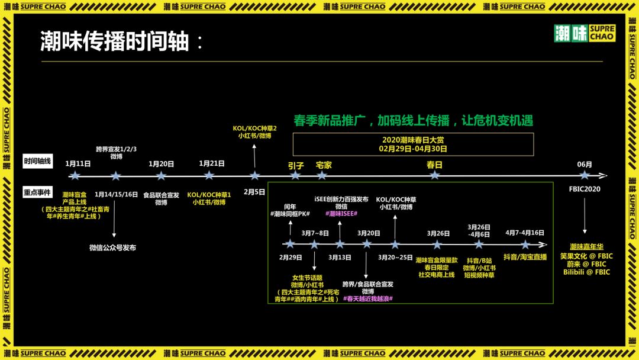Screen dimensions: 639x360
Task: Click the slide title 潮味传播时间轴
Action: [115, 42]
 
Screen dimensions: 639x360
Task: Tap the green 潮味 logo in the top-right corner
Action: [585, 34]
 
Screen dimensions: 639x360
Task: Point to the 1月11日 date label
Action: [78, 163]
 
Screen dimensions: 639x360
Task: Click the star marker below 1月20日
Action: [161, 176]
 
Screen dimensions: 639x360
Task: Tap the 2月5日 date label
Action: [255, 192]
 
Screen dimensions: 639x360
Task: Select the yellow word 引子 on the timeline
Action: [296, 165]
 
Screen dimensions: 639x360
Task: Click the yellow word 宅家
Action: [324, 165]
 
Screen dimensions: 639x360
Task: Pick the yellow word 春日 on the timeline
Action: [435, 165]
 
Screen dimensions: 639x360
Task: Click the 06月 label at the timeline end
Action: [585, 164]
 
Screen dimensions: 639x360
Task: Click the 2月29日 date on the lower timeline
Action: [291, 258]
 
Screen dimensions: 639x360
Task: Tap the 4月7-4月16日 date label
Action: [525, 233]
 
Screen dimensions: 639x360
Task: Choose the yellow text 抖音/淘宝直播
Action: [525, 257]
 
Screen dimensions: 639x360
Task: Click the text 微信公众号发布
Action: [112, 247]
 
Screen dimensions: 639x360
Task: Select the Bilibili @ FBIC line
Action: [586, 272]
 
